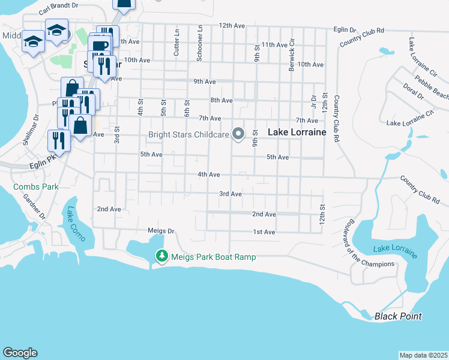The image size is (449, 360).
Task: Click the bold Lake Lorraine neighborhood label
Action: (x=297, y=132)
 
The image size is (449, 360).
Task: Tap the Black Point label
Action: (x=398, y=316)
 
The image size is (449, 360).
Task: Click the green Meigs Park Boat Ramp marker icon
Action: (x=161, y=257)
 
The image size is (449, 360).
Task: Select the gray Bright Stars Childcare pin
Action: (x=238, y=134)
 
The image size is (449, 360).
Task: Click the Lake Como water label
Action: (x=76, y=223)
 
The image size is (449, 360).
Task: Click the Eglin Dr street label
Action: (x=345, y=29)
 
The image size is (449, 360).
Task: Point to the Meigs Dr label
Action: (x=160, y=230)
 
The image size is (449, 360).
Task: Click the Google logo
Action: (x=20, y=353)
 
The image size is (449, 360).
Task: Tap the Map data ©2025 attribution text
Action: (x=423, y=355)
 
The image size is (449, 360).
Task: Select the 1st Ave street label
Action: (x=264, y=232)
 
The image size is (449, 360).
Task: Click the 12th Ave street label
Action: (x=232, y=26)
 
